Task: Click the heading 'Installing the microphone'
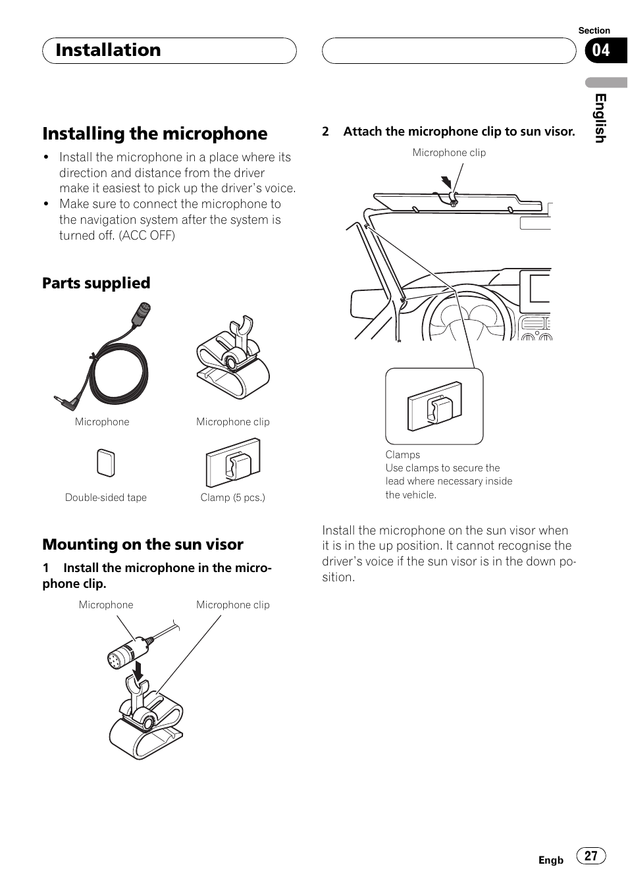(x=155, y=134)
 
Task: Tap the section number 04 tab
(x=601, y=50)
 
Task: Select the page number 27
(x=590, y=855)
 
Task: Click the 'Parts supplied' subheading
(x=96, y=283)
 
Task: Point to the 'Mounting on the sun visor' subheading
(x=143, y=544)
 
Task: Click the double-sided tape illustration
(x=105, y=463)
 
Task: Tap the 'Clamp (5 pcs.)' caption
(x=232, y=498)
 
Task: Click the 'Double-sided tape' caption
(x=105, y=498)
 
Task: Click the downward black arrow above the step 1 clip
(x=138, y=671)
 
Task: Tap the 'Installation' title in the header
(x=108, y=50)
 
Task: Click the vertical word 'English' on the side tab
(x=600, y=118)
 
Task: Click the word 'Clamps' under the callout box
(x=402, y=455)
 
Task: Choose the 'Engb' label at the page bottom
(x=551, y=860)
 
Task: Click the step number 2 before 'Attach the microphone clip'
(x=325, y=132)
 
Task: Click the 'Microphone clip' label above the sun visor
(x=449, y=153)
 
